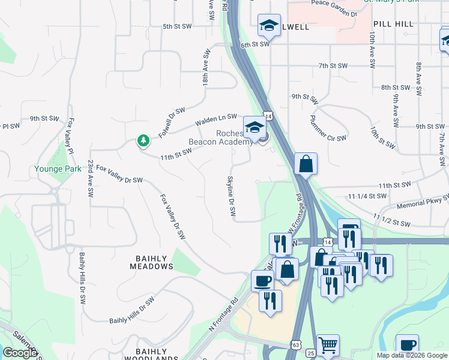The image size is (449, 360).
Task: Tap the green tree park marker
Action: click(x=143, y=141)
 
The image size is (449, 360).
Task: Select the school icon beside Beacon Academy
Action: click(x=255, y=128)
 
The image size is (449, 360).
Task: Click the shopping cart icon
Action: click(x=328, y=346)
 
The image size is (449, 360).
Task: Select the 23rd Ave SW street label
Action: click(x=91, y=180)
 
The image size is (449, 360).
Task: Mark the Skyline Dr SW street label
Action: click(x=231, y=197)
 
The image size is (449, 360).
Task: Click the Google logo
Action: click(x=20, y=353)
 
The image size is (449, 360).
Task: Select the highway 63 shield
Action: click(x=295, y=345)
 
